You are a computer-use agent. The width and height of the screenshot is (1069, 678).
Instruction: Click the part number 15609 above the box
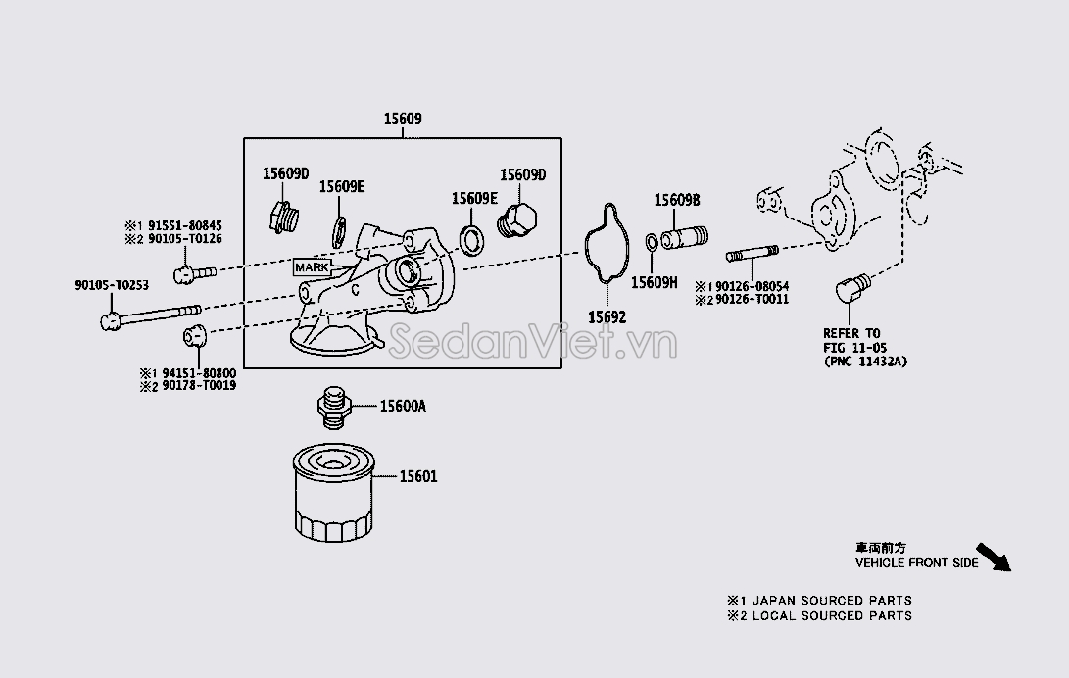pyautogui.click(x=403, y=120)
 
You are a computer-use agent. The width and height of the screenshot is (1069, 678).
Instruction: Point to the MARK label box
pyautogui.click(x=311, y=266)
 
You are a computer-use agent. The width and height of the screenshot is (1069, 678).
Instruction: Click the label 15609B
pyautogui.click(x=677, y=200)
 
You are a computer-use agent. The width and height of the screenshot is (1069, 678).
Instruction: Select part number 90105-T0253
pyautogui.click(x=112, y=285)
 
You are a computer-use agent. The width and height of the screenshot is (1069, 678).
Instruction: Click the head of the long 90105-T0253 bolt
pyautogui.click(x=111, y=319)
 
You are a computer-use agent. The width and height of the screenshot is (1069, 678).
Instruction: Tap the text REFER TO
pyautogui.click(x=851, y=334)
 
